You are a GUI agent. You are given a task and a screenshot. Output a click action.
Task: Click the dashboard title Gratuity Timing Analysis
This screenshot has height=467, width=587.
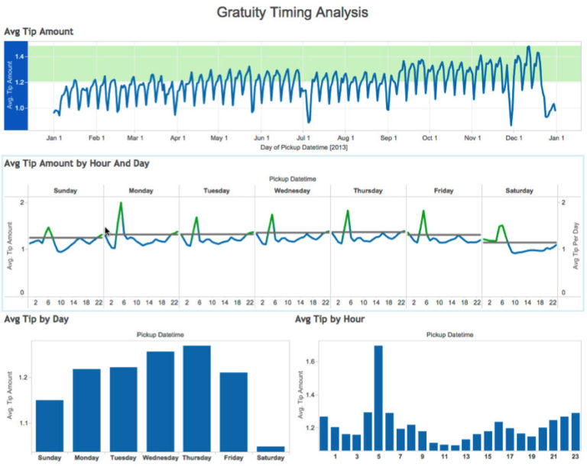(x=293, y=12)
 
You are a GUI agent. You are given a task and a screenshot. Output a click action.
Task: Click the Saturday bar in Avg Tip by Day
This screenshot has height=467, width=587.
(x=270, y=449)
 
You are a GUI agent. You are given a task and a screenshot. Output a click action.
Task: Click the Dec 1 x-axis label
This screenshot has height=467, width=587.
(x=513, y=138)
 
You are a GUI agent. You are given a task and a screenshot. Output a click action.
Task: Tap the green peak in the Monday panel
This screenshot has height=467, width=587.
(x=121, y=204)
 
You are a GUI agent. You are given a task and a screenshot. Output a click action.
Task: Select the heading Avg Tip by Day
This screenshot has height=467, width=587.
(x=36, y=318)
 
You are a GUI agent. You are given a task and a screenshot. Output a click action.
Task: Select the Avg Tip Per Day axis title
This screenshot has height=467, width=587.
(x=574, y=249)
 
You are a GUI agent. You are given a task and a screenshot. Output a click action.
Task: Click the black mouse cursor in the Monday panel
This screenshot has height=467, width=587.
(x=108, y=231)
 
